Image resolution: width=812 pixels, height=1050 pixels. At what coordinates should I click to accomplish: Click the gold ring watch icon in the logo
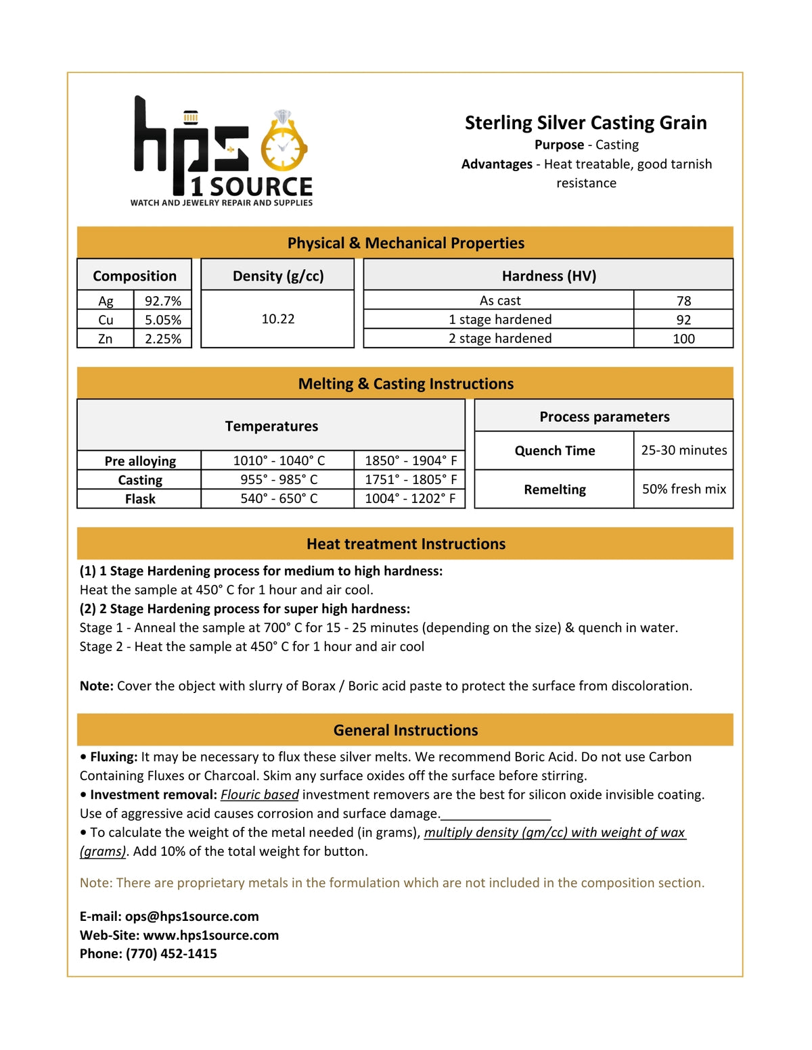[x=283, y=144]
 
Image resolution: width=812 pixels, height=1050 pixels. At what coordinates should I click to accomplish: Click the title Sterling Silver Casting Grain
[x=585, y=122]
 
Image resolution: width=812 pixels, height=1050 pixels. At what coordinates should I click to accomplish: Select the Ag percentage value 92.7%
[x=162, y=301]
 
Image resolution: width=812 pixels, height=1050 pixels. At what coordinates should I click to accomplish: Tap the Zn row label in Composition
[x=106, y=339]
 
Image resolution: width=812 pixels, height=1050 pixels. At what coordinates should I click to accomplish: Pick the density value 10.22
[x=278, y=318]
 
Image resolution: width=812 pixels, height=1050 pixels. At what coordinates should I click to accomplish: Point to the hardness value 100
[x=683, y=339]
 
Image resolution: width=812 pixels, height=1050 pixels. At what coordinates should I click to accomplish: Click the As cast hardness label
[x=500, y=301]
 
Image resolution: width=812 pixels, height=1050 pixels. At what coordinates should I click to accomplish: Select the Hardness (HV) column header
[x=549, y=276]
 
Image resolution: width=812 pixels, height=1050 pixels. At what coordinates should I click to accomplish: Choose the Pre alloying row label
[x=140, y=461]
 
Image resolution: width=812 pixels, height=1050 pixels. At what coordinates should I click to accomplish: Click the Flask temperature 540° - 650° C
[x=279, y=499]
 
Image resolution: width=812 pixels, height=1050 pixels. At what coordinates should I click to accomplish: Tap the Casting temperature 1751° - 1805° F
[x=411, y=480]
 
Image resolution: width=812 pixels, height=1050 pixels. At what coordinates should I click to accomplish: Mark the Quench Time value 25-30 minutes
[x=684, y=450]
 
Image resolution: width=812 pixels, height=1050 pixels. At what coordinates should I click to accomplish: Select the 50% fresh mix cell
[x=684, y=490]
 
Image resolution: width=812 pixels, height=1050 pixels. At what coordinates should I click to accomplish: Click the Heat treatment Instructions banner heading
[x=406, y=544]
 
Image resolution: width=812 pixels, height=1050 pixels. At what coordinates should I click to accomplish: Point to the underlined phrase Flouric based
[x=260, y=795]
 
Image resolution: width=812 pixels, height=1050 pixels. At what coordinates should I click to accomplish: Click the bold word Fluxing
[x=114, y=757]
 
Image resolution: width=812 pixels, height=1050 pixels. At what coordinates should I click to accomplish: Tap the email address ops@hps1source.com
[x=191, y=917]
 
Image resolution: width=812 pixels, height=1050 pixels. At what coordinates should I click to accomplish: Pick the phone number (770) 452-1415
[x=171, y=954]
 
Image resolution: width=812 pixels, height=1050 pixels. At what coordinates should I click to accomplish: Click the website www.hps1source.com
[x=211, y=936]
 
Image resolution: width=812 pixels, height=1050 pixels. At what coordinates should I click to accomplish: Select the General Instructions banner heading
[x=406, y=731]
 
